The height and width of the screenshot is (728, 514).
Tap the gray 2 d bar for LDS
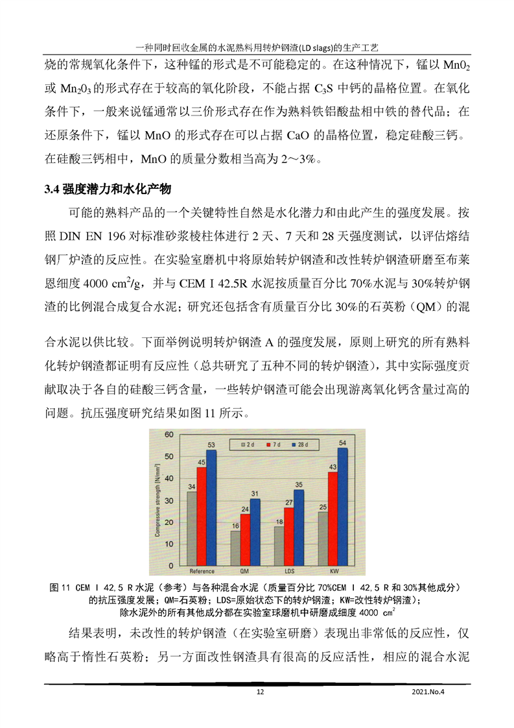point(279,546)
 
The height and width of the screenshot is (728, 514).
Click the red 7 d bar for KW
point(333,518)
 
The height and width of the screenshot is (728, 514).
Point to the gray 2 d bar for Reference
point(191,528)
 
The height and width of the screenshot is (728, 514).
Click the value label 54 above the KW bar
point(343,443)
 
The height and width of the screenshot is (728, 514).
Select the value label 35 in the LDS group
point(299,484)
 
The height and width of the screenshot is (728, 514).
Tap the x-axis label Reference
point(202,572)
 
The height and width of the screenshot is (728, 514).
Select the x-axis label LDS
point(288,572)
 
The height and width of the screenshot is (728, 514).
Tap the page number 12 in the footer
point(260,692)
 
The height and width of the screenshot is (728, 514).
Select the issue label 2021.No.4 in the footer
point(430,692)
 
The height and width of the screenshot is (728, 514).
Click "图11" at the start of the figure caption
point(60,587)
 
